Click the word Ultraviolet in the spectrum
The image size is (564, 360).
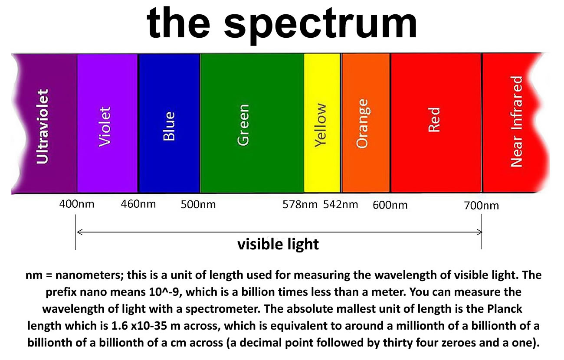point(43,126)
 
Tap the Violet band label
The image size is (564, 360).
point(105,127)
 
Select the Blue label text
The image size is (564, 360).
point(169,126)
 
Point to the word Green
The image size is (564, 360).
point(243,125)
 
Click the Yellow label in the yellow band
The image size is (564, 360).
point(321,125)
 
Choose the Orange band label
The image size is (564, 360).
point(362,124)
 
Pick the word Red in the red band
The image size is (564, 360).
point(434,120)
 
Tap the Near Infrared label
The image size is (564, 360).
point(516,121)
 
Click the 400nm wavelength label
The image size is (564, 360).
point(77,204)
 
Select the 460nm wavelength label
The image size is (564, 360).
point(138,204)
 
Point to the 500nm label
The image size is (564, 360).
point(198,204)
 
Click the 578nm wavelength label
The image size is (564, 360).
point(300,204)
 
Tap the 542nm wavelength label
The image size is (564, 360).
point(341,204)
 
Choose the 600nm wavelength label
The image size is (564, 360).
point(390,205)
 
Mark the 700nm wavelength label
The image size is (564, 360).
point(482,206)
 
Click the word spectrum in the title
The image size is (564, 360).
point(320,25)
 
